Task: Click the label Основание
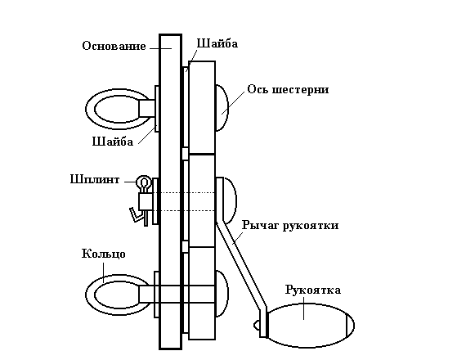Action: pyautogui.click(x=114, y=46)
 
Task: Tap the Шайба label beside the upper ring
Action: pyautogui.click(x=113, y=142)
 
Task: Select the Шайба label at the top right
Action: pyautogui.click(x=217, y=43)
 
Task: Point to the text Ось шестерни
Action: pyautogui.click(x=288, y=89)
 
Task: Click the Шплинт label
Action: pyautogui.click(x=95, y=179)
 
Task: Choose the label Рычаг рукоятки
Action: pyautogui.click(x=290, y=225)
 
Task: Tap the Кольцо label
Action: pyautogui.click(x=104, y=254)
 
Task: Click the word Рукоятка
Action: pyautogui.click(x=313, y=290)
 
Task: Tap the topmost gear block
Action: pyautogui.click(x=202, y=107)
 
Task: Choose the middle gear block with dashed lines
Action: pyautogui.click(x=202, y=200)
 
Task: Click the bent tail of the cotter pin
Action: pyautogui.click(x=135, y=215)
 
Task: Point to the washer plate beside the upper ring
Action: pyautogui.click(x=156, y=109)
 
